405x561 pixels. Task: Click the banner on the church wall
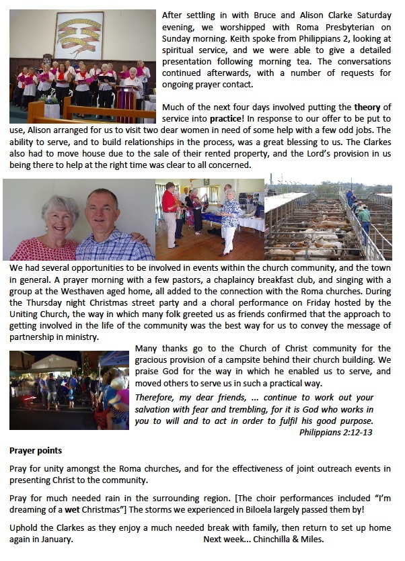tap(79, 35)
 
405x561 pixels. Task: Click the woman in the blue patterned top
tap(229, 218)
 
